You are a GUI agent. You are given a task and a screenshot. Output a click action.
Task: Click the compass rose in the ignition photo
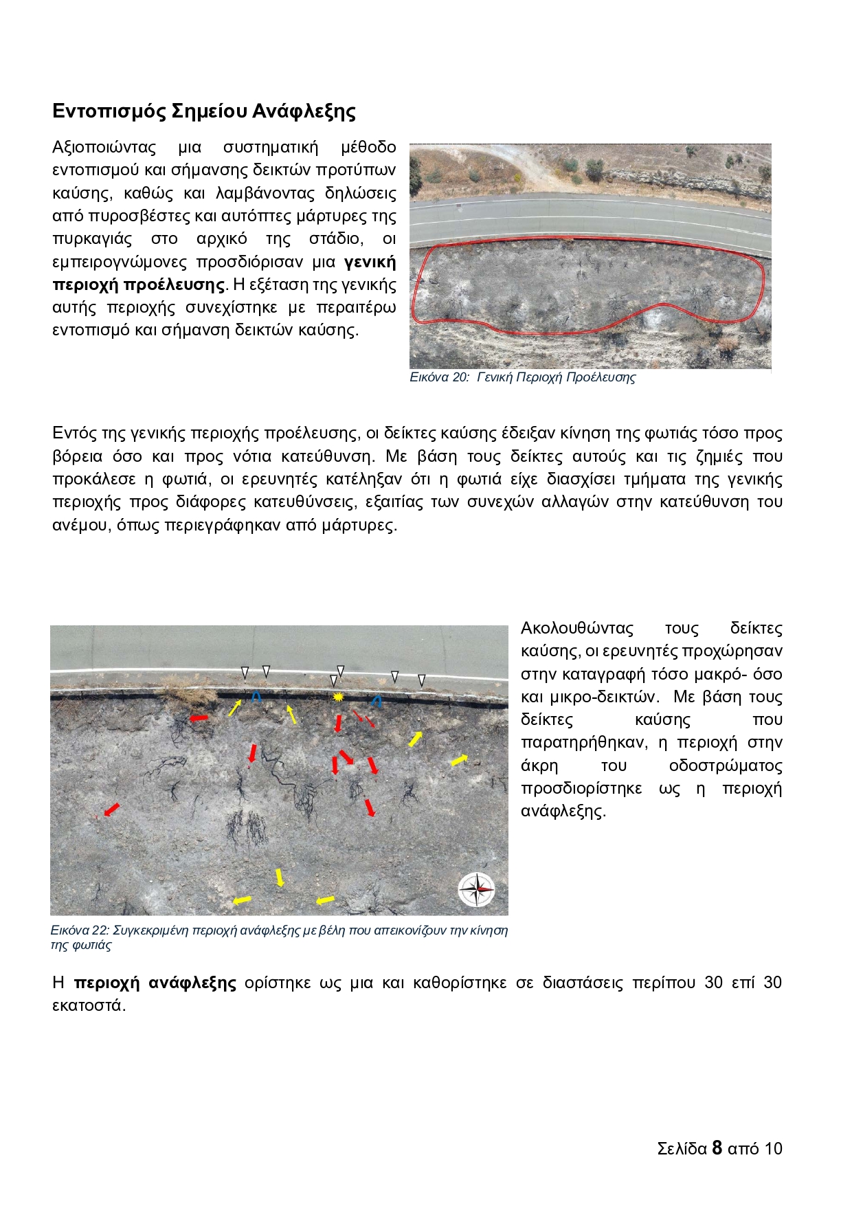pyautogui.click(x=476, y=889)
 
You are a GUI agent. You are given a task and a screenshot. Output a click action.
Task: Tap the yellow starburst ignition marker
pyautogui.click(x=337, y=697)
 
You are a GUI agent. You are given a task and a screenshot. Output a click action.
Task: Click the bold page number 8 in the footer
pyautogui.click(x=717, y=1148)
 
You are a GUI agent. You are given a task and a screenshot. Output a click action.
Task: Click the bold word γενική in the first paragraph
pyautogui.click(x=370, y=262)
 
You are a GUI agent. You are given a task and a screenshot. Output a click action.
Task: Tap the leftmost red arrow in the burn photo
pyautogui.click(x=111, y=809)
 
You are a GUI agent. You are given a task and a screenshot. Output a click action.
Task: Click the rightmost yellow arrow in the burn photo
pyautogui.click(x=459, y=760)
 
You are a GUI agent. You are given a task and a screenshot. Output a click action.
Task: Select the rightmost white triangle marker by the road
pyautogui.click(x=422, y=680)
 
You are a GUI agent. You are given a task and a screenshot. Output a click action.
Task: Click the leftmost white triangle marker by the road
pyautogui.click(x=245, y=671)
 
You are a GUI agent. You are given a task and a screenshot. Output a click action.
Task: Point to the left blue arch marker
pyautogui.click(x=256, y=695)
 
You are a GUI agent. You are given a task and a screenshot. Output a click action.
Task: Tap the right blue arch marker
pyautogui.click(x=377, y=701)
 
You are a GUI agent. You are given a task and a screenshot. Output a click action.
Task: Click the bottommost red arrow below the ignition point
pyautogui.click(x=370, y=807)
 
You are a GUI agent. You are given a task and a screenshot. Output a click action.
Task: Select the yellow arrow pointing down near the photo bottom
pyautogui.click(x=280, y=878)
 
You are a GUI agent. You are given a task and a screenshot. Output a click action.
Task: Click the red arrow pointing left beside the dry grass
pyautogui.click(x=199, y=718)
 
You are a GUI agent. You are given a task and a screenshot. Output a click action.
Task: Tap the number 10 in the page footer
pyautogui.click(x=773, y=1148)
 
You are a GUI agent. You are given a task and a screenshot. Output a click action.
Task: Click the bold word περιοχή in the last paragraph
pyautogui.click(x=106, y=983)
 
